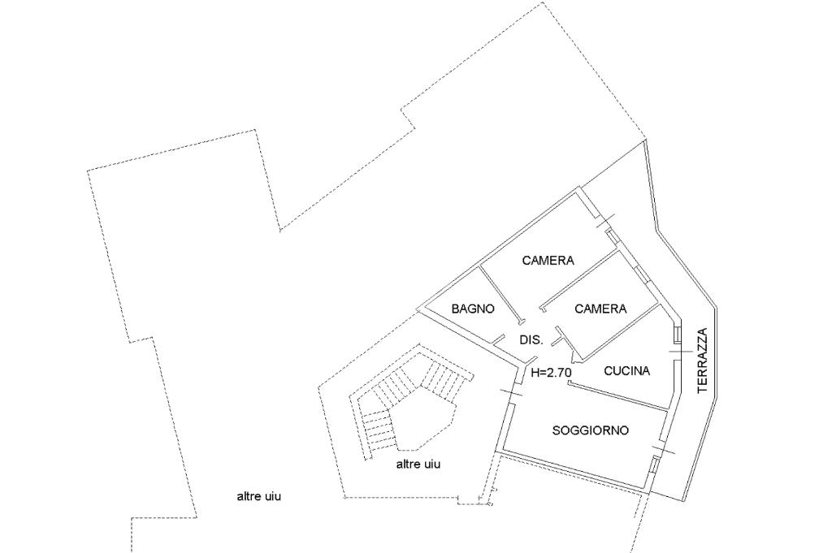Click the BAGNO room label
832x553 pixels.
click(x=473, y=309)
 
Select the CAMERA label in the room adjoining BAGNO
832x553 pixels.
click(x=548, y=261)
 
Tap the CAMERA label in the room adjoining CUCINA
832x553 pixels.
click(x=600, y=309)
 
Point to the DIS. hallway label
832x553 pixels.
click(x=531, y=340)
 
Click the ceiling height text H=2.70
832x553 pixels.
click(x=552, y=373)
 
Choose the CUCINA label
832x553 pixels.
click(x=627, y=370)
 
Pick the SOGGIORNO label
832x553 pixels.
click(x=591, y=430)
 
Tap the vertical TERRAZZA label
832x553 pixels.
click(x=703, y=361)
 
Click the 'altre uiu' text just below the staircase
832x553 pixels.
click(x=418, y=464)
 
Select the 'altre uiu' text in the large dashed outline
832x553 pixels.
click(x=258, y=497)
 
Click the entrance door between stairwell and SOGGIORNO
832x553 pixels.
click(x=512, y=395)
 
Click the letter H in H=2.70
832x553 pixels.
click(x=535, y=373)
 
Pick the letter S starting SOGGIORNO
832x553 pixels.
click(x=556, y=430)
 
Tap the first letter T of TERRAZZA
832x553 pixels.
click(x=703, y=390)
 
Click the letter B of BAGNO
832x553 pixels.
click(x=455, y=309)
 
